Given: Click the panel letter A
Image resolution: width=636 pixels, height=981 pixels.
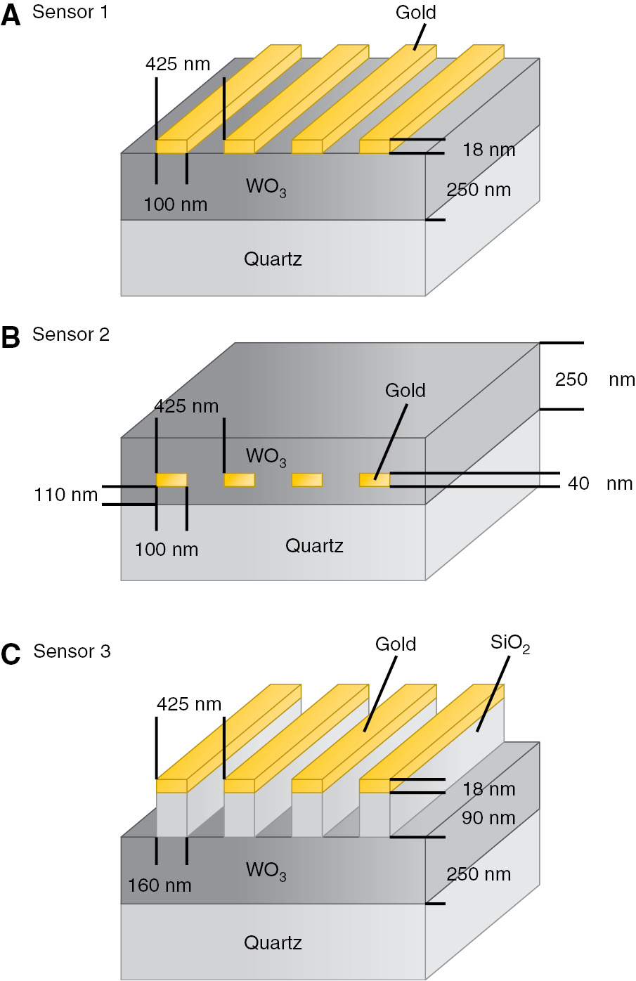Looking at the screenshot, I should tap(11, 15).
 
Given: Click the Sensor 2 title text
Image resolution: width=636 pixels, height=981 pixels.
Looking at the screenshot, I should tap(71, 334).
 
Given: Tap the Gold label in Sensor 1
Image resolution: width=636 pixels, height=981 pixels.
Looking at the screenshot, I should tap(415, 13).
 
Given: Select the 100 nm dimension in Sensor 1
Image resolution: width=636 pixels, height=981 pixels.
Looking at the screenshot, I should tap(175, 204).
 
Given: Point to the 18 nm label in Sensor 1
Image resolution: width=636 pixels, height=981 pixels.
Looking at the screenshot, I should tap(488, 150).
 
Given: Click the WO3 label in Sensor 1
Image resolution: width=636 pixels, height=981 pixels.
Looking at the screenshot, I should tap(266, 187).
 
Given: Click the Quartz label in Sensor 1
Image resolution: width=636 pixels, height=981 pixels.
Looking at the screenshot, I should tap(273, 259).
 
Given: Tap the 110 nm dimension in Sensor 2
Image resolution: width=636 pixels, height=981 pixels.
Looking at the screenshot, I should tap(65, 495).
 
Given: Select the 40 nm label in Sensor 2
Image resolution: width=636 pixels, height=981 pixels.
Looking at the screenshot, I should tap(599, 483).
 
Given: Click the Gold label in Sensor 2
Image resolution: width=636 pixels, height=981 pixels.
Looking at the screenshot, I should tap(405, 391).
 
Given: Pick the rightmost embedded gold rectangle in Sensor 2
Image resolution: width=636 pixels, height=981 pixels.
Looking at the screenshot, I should tap(375, 480).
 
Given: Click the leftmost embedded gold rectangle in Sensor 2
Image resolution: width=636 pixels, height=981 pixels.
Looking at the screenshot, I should tap(171, 480).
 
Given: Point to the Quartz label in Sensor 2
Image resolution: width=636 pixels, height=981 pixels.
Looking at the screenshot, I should tap(314, 546).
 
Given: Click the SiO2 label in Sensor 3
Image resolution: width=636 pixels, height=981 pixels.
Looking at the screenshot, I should tap(510, 644).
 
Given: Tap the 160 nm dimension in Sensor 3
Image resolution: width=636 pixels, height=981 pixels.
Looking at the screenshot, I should tap(160, 885).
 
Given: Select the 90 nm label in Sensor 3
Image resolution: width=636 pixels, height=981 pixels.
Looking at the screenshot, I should tap(488, 818).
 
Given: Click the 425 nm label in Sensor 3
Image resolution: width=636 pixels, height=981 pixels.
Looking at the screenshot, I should tap(188, 704).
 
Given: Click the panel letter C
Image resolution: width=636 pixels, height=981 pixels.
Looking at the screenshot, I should tap(11, 655).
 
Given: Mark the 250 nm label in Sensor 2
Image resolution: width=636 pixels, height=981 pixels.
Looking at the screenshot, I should tap(594, 379).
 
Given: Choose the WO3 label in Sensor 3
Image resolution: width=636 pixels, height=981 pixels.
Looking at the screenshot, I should tap(266, 870).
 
